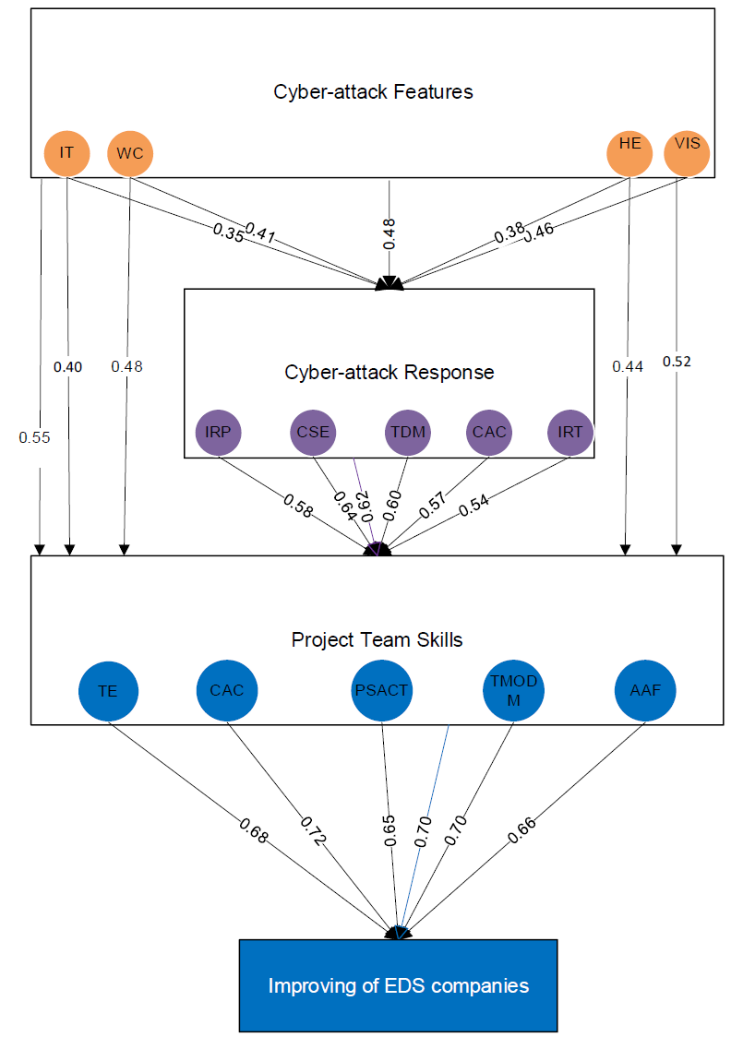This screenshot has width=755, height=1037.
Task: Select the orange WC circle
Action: point(131,153)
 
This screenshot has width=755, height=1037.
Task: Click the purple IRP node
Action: point(219,432)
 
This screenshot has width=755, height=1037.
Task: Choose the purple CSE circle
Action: point(313,432)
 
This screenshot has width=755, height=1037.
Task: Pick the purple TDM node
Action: point(406,432)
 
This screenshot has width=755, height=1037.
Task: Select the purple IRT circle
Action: point(570,432)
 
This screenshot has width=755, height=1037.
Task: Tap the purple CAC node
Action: point(489,432)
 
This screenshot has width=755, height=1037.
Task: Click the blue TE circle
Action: point(108,691)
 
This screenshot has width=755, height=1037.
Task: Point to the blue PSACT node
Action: point(381,689)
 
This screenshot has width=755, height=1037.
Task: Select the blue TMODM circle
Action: point(512,689)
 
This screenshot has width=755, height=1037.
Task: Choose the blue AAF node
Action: point(644,689)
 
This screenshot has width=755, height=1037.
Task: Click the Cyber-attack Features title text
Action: point(373,92)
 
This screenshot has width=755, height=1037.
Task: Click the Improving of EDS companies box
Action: point(398,985)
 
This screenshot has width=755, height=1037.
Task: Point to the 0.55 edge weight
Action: point(35,436)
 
